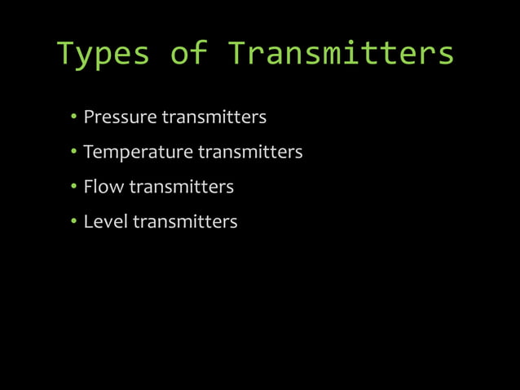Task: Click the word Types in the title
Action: [103, 54]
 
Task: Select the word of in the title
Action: [189, 54]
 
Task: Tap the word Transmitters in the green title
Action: [340, 54]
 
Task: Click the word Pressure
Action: [120, 117]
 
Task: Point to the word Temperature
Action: [138, 153]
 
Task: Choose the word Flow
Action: [104, 187]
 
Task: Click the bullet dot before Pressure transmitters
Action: [73, 117]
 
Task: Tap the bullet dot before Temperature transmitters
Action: [73, 153]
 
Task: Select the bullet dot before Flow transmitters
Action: [73, 187]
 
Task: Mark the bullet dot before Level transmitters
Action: [73, 222]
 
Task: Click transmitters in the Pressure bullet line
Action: [214, 117]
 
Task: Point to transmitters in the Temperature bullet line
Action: [250, 153]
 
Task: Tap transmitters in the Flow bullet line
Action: [182, 187]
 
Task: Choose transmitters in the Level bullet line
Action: [185, 222]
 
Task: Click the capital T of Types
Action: [66, 54]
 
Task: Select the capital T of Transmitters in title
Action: [236, 54]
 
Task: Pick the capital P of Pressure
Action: [89, 117]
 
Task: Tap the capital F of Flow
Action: [88, 187]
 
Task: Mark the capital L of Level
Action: [88, 222]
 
